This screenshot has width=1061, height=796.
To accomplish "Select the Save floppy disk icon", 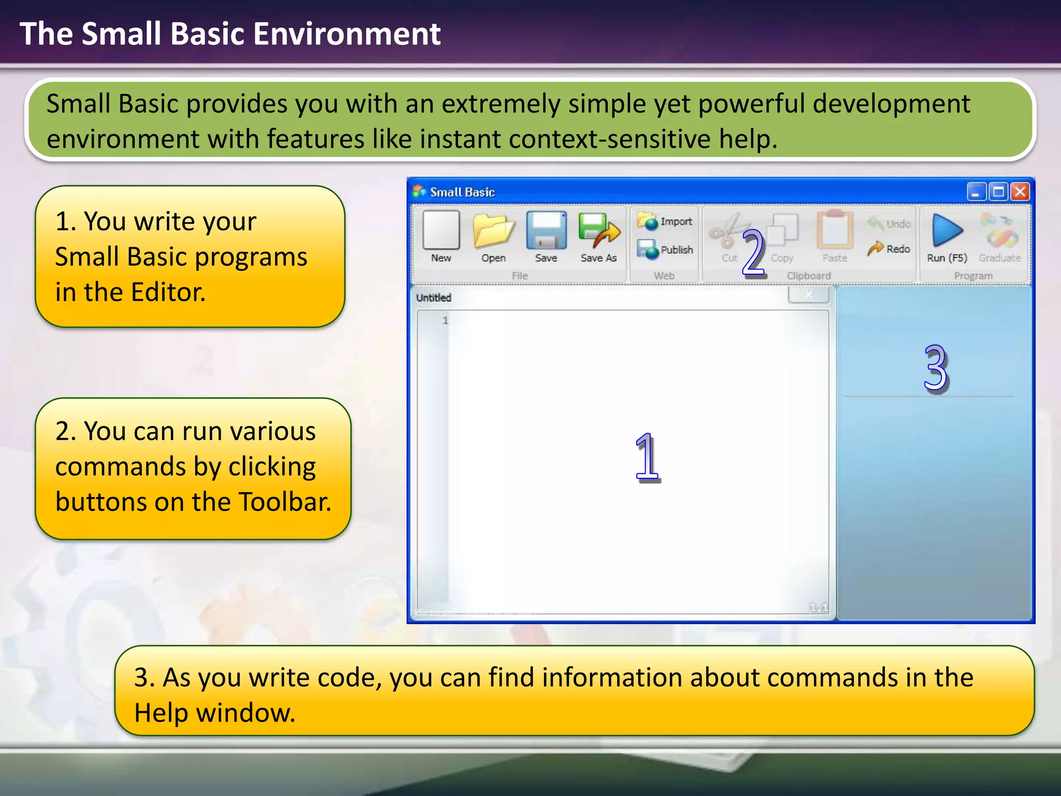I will pos(546,231).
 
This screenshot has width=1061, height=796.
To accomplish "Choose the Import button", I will pos(665,221).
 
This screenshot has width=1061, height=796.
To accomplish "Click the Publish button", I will pos(665,249).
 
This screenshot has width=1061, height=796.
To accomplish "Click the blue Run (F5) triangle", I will pos(947,231).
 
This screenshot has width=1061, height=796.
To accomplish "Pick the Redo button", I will pos(890,249).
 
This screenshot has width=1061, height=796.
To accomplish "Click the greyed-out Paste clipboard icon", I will pos(835,231).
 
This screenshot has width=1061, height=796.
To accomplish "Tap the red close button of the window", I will pos(1020,192).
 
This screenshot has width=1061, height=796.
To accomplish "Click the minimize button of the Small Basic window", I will pos(976,192).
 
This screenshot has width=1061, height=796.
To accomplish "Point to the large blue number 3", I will pos(936,368).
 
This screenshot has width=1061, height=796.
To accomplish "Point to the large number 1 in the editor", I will pos(647,457).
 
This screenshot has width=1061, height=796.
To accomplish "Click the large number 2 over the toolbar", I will pos(753,253).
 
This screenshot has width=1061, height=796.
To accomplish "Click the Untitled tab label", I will pos(434,297).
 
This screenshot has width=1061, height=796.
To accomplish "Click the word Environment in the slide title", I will pos(347,34).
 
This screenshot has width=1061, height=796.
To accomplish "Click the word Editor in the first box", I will pos(168,292).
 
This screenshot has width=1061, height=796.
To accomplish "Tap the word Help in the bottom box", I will pos(163,713).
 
